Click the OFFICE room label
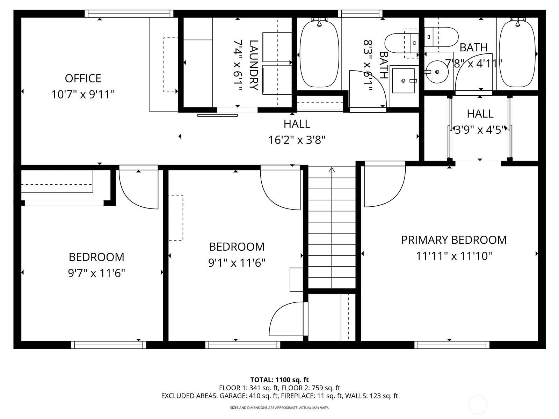pos(83,78)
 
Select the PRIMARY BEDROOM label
pos(453,240)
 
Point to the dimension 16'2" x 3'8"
pos(297,140)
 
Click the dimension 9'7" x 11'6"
pos(96,273)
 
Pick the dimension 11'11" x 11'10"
pos(453,256)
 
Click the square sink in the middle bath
pos(403,81)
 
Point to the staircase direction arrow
pos(332,170)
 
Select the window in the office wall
pos(129,14)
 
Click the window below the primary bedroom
pos(452,345)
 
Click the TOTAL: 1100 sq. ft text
pos(279,380)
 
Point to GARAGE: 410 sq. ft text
pos(248,396)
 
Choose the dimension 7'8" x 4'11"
pos(473,64)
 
